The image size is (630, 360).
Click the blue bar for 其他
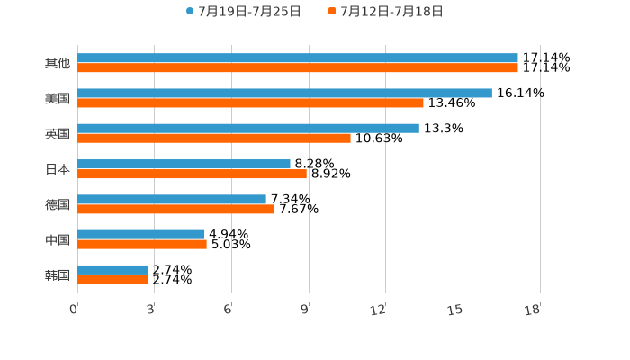click(297, 58)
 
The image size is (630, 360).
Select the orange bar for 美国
click(250, 103)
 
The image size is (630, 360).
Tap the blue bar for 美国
click(284, 93)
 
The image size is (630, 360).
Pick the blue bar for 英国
click(247, 128)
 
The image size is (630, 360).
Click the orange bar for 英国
click(214, 139)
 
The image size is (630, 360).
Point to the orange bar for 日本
click(192, 174)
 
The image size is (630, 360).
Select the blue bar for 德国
click(172, 199)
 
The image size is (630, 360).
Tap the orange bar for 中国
click(142, 244)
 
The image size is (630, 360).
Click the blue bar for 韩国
click(112, 269)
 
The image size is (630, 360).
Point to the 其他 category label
click(57, 63)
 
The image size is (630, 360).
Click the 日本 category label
click(57, 168)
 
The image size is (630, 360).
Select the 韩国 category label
click(57, 274)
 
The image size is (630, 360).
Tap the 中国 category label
click(57, 239)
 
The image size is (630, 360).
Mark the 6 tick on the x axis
click(229, 310)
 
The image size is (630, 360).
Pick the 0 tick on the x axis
click(74, 310)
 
